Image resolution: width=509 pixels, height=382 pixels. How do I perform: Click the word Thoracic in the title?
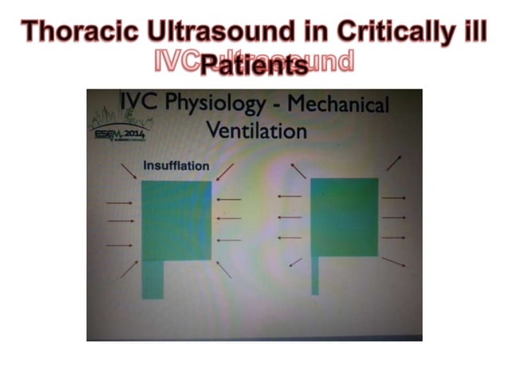point(77,33)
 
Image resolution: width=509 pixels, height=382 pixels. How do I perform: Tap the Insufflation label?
point(176,166)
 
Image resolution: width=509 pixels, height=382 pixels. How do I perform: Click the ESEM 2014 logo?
point(118,129)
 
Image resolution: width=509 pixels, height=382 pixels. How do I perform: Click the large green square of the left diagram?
point(176,221)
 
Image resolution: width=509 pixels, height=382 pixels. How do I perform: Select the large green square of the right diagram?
point(344,216)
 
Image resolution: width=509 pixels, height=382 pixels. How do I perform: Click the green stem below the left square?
point(152,280)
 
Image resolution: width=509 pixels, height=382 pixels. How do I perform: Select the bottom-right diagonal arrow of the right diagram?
point(393,261)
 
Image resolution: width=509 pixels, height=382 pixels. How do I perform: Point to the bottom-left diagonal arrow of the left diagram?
point(128,269)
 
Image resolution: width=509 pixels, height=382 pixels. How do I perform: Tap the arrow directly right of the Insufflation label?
point(225,171)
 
